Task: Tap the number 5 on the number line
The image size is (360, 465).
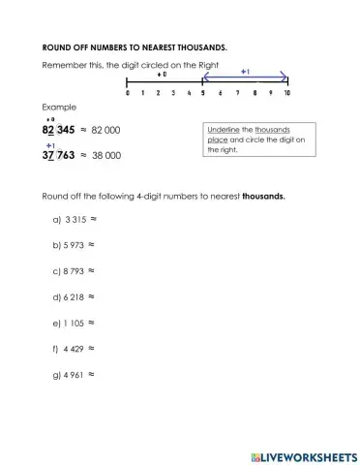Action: point(204,93)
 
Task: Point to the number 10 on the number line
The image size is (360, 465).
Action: point(286,93)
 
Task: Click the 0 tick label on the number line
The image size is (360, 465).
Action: point(128,93)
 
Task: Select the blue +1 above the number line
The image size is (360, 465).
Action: point(245,72)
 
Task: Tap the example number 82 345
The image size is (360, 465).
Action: point(59,129)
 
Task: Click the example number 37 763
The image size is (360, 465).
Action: point(59,154)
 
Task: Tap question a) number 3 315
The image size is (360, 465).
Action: point(79,220)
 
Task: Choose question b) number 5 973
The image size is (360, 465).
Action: point(76,245)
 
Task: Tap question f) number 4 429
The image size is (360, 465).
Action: point(78,346)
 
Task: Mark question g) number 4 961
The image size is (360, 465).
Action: point(77,372)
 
